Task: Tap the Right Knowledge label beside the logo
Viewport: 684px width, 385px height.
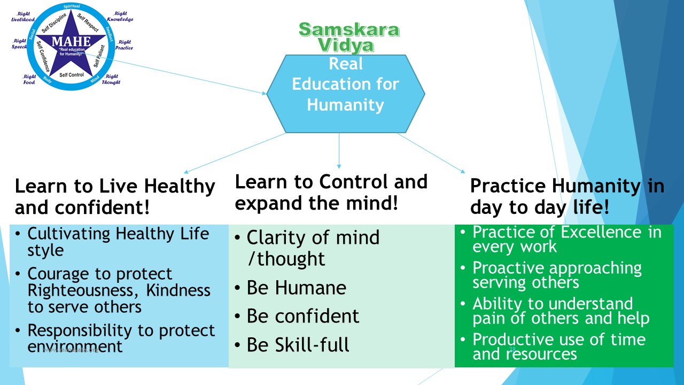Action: [120, 16]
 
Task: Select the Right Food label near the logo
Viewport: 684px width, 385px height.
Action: [29, 80]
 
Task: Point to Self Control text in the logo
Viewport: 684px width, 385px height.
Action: [71, 75]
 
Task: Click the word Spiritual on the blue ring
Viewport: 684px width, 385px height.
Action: [71, 6]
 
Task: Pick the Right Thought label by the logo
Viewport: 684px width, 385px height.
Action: [111, 80]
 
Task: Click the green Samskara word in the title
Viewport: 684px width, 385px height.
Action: [348, 29]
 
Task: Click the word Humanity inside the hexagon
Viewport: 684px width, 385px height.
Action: [345, 104]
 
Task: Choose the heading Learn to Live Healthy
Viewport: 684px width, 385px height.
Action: [114, 186]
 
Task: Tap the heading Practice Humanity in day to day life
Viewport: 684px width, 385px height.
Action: [566, 196]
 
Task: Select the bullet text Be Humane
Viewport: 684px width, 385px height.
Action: [297, 288]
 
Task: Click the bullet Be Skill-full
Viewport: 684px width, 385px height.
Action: [298, 345]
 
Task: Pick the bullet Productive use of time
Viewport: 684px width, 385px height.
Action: [558, 339]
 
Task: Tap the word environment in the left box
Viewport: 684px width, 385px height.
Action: [75, 346]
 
